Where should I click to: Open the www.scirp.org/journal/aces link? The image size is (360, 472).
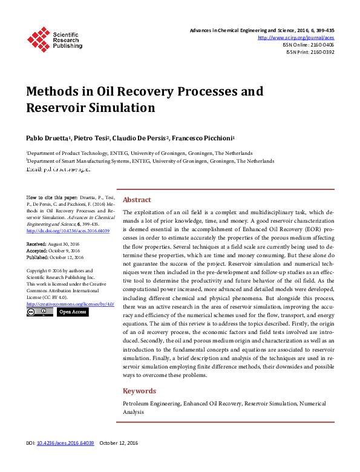pos(296,38)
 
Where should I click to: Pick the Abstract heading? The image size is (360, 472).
pos(137,200)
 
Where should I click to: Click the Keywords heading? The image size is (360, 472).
pos(139,391)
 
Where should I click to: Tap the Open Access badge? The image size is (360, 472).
pos(73,312)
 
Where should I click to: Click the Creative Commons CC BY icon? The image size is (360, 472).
pos(40,312)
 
